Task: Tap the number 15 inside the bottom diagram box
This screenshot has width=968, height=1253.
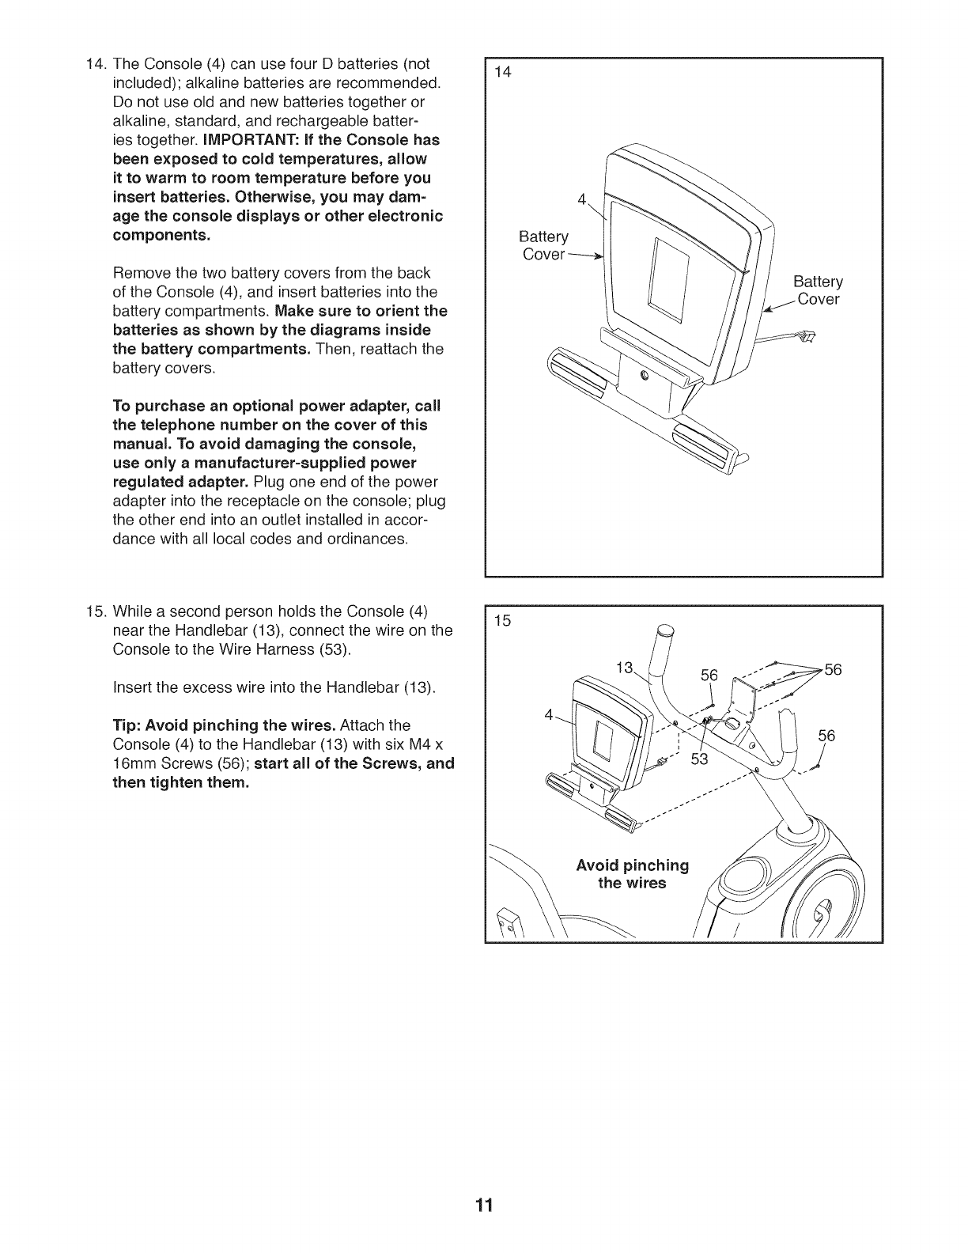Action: point(503,621)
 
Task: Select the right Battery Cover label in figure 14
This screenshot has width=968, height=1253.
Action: point(819,290)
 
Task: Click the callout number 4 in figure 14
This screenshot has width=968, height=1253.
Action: point(582,199)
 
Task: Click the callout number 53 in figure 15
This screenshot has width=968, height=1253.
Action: point(699,760)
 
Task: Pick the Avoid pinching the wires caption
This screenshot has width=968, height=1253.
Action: point(633,873)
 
